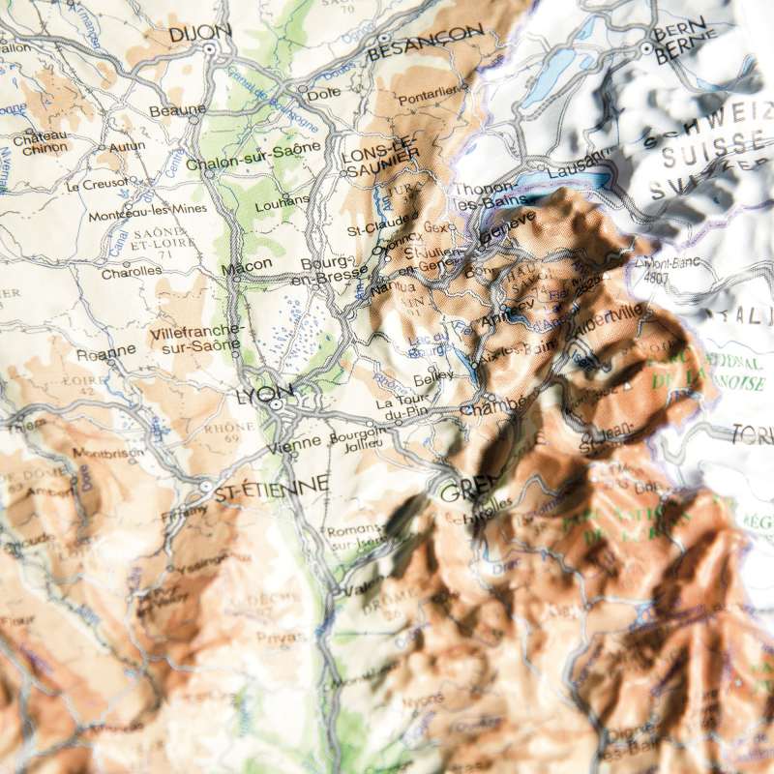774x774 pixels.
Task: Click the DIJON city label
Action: tap(200, 33)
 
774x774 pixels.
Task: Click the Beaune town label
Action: tap(177, 110)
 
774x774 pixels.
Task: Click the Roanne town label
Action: tap(106, 351)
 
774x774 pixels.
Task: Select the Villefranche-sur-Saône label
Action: tap(198, 339)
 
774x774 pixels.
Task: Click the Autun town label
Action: tap(128, 146)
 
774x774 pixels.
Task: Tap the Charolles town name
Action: tap(133, 272)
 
